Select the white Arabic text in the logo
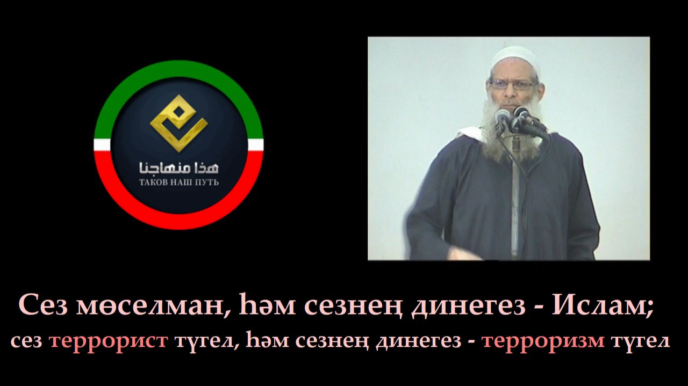[179, 166]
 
